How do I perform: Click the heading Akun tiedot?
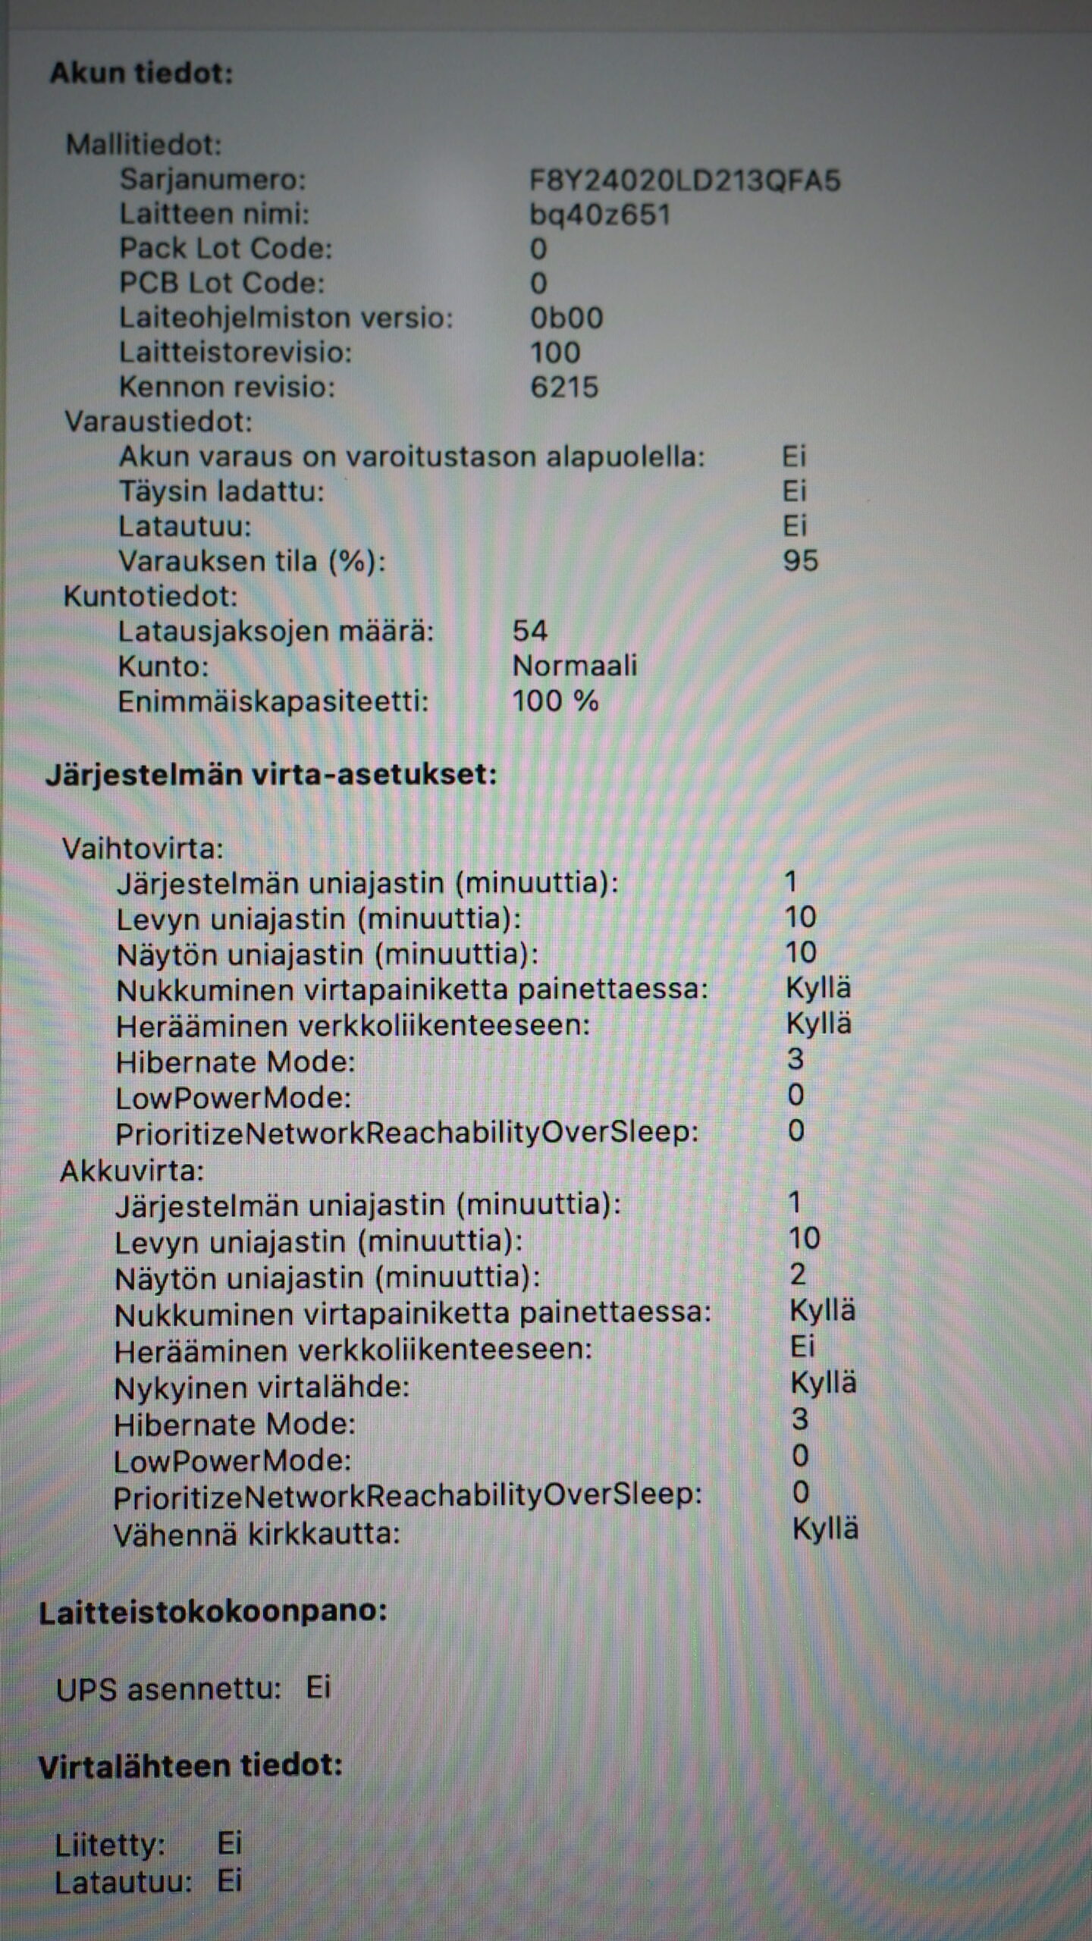point(142,74)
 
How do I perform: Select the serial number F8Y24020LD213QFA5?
point(685,180)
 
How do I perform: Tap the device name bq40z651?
point(600,215)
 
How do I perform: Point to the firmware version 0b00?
point(566,318)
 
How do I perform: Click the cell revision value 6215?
point(564,387)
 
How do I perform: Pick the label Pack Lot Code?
point(225,249)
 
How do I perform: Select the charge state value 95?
point(800,561)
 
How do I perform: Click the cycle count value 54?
point(529,631)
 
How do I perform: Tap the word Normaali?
point(575,666)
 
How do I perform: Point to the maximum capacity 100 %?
point(555,701)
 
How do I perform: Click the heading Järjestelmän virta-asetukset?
point(271,775)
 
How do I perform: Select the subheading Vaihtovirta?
point(143,848)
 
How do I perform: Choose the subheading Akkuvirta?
point(132,1171)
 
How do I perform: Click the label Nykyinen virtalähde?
point(262,1388)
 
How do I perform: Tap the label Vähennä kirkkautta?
point(256,1535)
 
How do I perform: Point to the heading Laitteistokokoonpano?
point(213,1613)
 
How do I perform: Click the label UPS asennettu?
point(168,1689)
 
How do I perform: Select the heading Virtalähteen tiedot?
point(190,1767)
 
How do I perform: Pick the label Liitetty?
point(110,1845)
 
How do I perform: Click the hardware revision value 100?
point(555,353)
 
